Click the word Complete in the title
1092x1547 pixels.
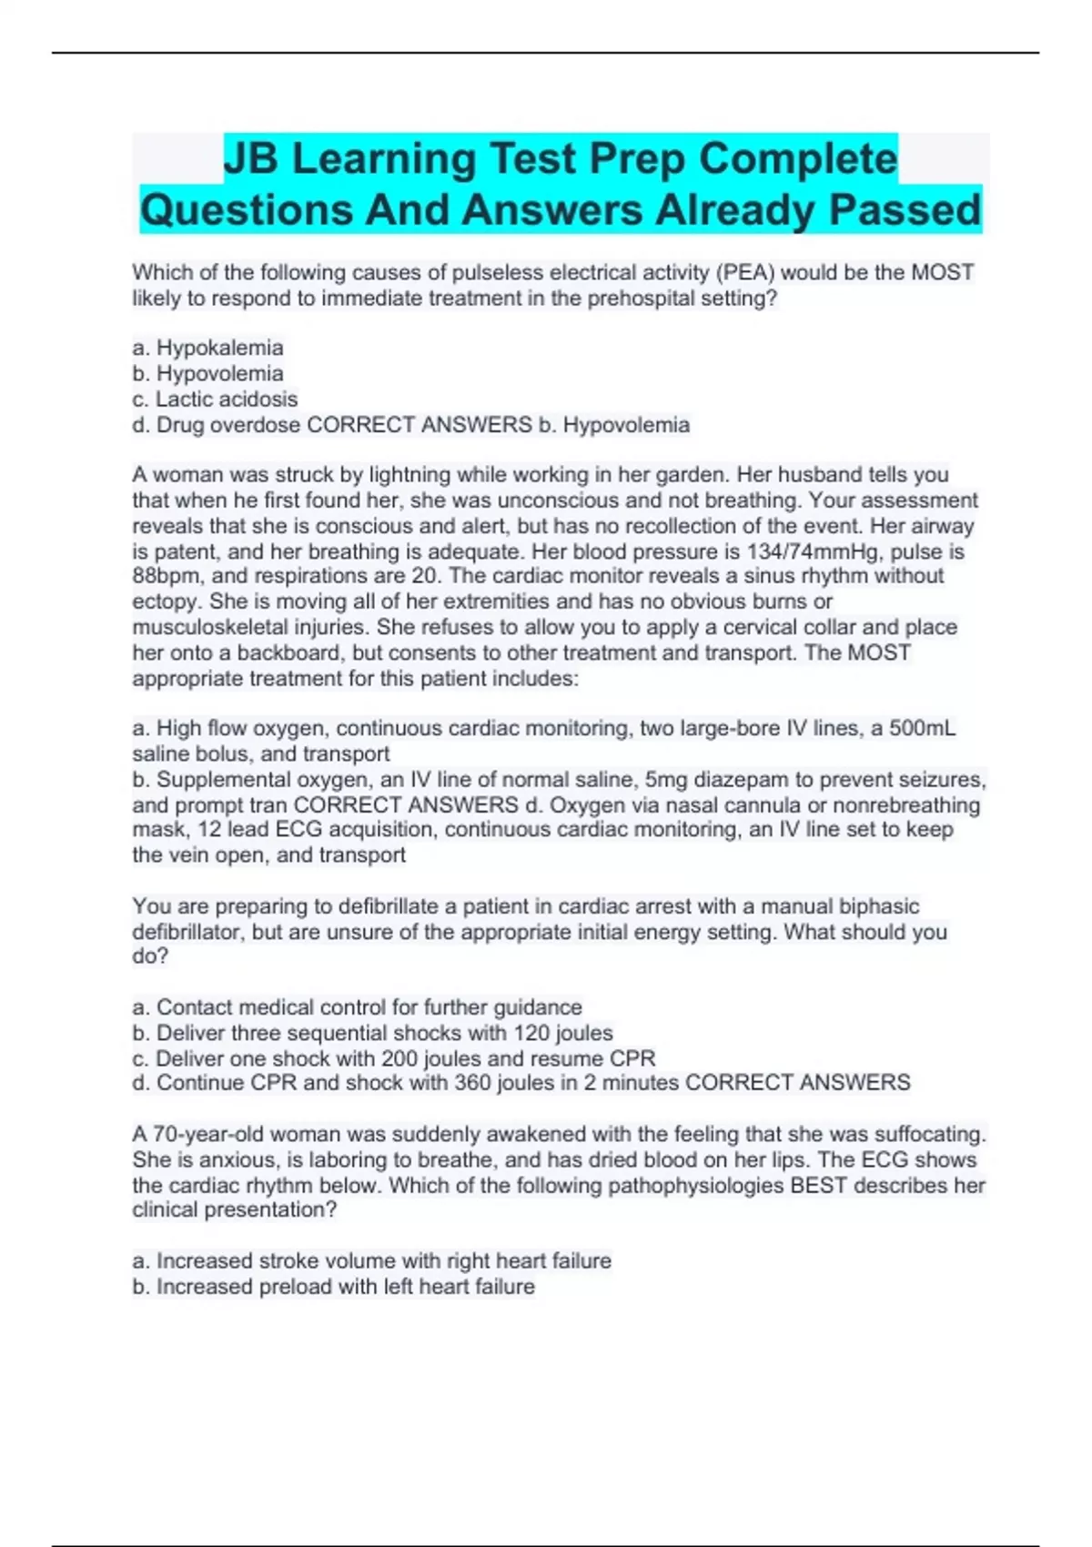[797, 159]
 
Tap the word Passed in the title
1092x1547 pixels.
[905, 210]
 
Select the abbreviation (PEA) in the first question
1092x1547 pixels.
[745, 273]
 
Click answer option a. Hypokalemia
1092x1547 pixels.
[207, 348]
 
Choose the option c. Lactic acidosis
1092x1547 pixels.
[215, 399]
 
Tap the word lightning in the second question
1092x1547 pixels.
[409, 475]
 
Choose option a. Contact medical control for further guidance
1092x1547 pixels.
[357, 1007]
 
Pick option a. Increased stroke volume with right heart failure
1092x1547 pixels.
[371, 1261]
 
